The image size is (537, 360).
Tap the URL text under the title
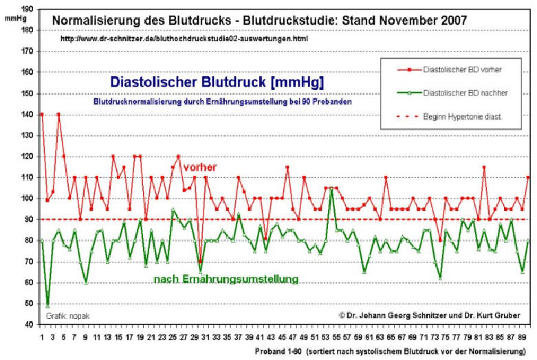point(184,39)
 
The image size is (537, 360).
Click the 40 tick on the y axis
point(28,324)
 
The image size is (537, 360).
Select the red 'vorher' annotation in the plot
point(200,167)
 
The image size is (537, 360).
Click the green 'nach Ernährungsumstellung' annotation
point(226,279)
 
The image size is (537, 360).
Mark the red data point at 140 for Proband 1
point(42,114)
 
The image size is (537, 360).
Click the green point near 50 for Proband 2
point(47,304)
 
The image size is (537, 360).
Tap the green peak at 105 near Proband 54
point(332,188)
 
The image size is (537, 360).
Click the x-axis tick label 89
point(524,338)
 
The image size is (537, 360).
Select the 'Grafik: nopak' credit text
point(68,316)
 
